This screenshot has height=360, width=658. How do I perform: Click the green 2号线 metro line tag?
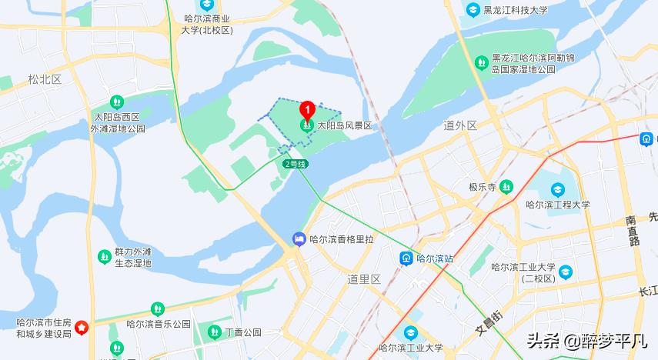pyautogui.click(x=296, y=164)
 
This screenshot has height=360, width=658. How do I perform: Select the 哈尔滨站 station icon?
pyautogui.click(x=406, y=258)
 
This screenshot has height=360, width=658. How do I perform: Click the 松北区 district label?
pyautogui.click(x=44, y=79)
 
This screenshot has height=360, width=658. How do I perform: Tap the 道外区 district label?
pyautogui.click(x=460, y=125)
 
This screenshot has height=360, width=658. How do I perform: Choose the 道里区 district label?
pyautogui.click(x=364, y=278)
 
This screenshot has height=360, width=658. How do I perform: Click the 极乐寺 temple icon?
pyautogui.click(x=506, y=186)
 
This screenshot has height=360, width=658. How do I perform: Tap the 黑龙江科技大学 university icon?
pyautogui.click(x=473, y=10)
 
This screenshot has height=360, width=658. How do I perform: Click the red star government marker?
pyautogui.click(x=85, y=328)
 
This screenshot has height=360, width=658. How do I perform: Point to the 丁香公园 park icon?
pyautogui.click(x=215, y=332)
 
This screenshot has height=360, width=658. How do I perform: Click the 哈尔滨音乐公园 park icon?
pyautogui.click(x=158, y=309)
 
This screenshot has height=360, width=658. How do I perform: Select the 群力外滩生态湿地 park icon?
pyautogui.click(x=104, y=256)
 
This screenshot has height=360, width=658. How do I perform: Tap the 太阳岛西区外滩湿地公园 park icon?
pyautogui.click(x=116, y=101)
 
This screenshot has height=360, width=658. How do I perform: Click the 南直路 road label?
pyautogui.click(x=633, y=230)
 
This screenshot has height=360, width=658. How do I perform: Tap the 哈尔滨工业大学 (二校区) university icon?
pyautogui.click(x=566, y=272)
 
